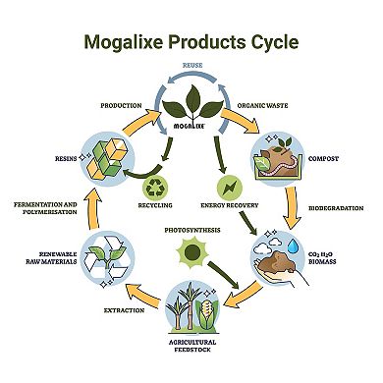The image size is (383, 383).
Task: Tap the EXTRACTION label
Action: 123,310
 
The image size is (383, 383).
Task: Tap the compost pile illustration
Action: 279,158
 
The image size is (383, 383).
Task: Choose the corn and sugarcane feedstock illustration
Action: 191,306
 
